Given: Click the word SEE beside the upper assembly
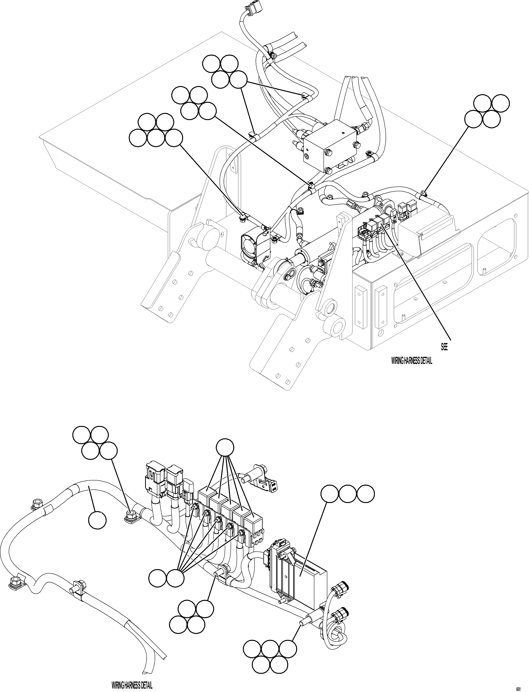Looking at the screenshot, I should point(444,347).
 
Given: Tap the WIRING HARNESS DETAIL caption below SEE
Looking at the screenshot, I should point(412,361).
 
